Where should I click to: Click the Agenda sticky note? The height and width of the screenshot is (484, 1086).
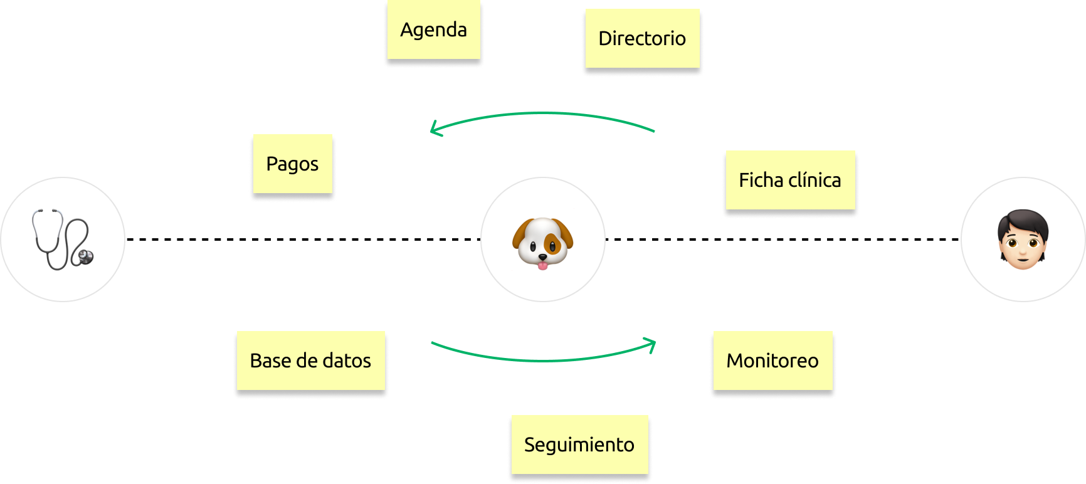433,30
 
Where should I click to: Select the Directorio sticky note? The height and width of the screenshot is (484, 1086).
641,39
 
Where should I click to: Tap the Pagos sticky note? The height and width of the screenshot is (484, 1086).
292,164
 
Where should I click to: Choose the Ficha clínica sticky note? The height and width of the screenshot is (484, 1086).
789,181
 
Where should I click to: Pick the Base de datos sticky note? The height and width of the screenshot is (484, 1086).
310,361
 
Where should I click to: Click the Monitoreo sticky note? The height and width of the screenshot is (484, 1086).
772,361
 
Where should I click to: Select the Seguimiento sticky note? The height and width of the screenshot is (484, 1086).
579,445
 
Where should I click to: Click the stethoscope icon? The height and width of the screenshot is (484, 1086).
63,239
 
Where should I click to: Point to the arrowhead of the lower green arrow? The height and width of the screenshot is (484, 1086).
652,344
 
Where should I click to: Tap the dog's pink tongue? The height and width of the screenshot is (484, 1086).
542,265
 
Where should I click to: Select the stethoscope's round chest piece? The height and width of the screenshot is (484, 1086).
85,256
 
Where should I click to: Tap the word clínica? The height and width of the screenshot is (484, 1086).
814,181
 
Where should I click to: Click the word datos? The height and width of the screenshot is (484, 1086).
346,361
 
